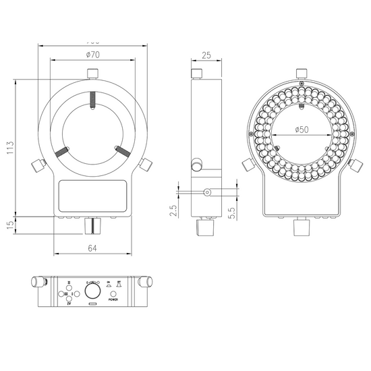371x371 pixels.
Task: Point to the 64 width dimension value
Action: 92,248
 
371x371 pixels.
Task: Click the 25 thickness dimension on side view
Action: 207,56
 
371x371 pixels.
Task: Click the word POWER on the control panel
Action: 113,299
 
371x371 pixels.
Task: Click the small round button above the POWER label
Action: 113,293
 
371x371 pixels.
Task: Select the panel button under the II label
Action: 69,287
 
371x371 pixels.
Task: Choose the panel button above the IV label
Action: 69,299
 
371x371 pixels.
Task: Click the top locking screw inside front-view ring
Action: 92,100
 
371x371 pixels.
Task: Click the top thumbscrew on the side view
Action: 198,73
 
